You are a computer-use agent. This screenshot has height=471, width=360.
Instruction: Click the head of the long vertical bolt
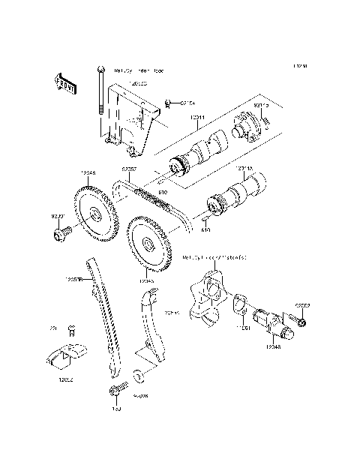click(99, 70)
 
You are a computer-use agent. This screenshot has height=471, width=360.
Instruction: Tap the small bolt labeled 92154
click(169, 102)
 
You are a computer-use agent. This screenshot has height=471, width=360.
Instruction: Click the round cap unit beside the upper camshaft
click(247, 124)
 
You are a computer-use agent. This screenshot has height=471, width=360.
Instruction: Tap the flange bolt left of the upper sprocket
click(60, 235)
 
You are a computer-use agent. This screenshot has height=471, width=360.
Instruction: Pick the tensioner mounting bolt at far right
click(299, 322)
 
